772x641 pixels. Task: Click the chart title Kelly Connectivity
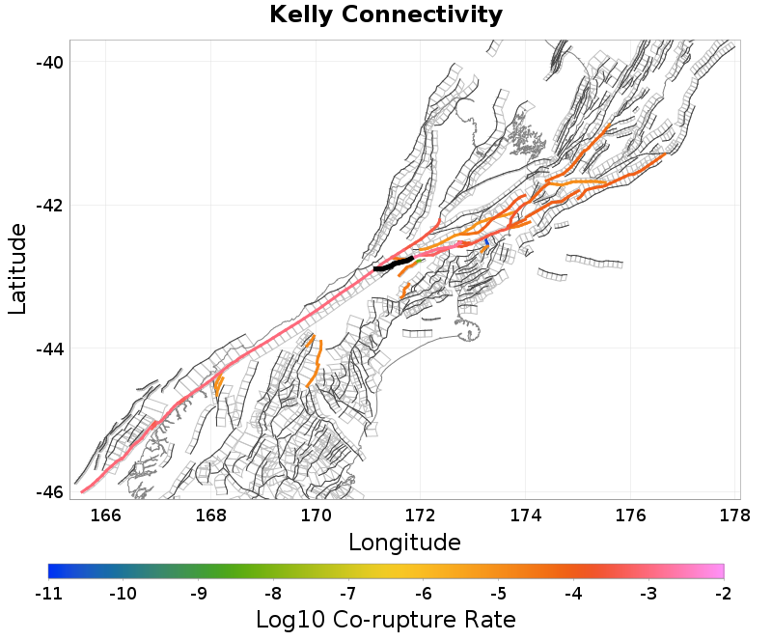tap(386, 15)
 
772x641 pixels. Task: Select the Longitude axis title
tap(404, 542)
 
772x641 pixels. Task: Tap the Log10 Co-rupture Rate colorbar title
tap(386, 619)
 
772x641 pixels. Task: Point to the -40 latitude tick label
tap(49, 62)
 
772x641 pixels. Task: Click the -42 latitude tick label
tap(49, 206)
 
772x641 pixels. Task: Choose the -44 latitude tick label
tap(49, 348)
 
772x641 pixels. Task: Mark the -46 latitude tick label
tap(49, 491)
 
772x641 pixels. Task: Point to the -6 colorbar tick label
tap(424, 592)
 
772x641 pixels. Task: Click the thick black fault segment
tap(394, 264)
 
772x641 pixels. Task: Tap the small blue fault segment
tap(488, 241)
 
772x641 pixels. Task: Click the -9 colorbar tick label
tap(198, 592)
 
